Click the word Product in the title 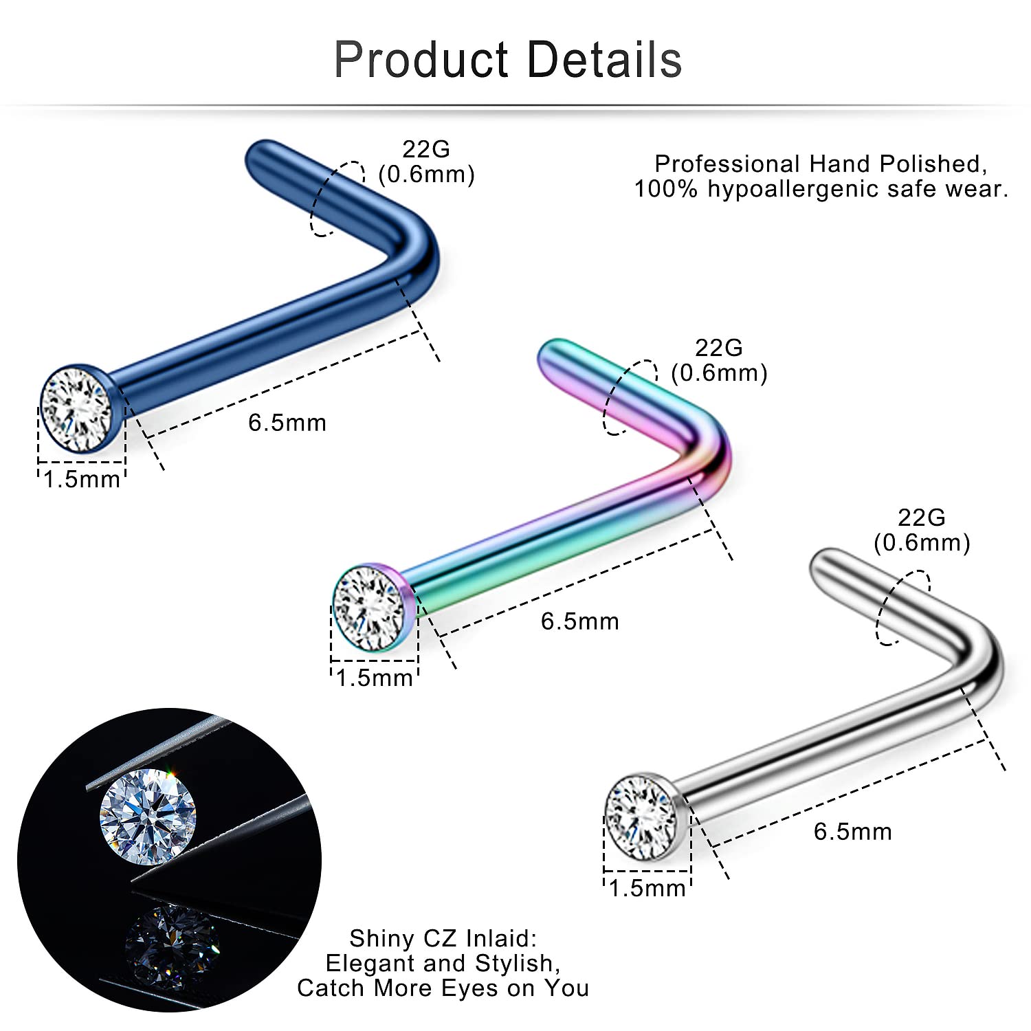[x=421, y=60]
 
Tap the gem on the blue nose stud [x=77, y=409]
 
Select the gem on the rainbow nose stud [x=369, y=607]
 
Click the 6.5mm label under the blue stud [x=287, y=423]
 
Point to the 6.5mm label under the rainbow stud [x=580, y=621]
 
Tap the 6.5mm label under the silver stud [x=853, y=832]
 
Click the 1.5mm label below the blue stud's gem [x=82, y=479]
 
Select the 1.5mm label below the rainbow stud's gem [x=375, y=678]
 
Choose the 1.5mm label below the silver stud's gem [x=647, y=888]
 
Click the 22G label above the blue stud [x=426, y=149]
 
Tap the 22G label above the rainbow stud [x=719, y=348]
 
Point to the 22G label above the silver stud [x=922, y=518]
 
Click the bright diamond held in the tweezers [x=148, y=816]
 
